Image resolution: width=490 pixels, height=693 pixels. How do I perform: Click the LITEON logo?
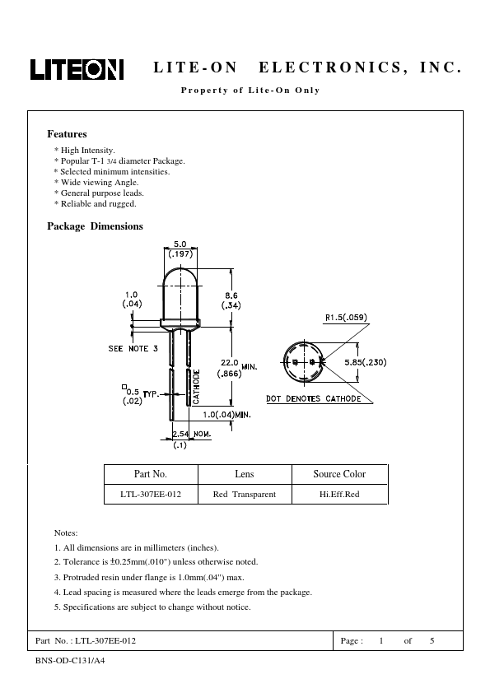coord(77,69)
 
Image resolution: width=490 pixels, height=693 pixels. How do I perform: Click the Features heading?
coord(67,134)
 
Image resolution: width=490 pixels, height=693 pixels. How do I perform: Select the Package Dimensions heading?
coord(95,226)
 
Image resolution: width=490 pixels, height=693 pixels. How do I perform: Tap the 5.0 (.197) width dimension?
coord(180,249)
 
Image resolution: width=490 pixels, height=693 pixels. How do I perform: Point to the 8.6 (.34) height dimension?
coord(231,300)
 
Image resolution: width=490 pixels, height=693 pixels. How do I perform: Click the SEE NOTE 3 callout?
coord(133,349)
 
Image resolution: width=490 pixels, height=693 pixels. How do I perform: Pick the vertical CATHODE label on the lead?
coord(196,387)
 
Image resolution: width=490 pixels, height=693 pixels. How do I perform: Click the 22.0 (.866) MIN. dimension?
coord(237,368)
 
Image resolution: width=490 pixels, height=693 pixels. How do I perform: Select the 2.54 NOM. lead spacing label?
coord(192,434)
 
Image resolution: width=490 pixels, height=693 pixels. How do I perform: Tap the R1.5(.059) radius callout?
coord(346,318)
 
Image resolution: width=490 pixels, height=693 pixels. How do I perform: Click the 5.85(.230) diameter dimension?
coord(366,362)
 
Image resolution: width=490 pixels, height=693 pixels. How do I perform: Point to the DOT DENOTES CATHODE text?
coord(314,398)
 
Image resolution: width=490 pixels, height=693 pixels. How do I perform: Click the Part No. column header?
coord(151,474)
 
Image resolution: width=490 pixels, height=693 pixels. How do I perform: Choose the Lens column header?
coord(245,474)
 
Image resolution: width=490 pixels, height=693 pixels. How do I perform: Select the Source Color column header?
coord(339,474)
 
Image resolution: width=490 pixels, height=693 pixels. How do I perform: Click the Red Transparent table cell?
coord(244,495)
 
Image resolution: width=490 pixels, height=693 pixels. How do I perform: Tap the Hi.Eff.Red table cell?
coord(339,495)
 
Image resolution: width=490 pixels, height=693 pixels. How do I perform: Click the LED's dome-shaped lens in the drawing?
coord(180,295)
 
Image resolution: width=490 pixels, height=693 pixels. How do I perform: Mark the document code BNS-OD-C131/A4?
coord(70,661)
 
